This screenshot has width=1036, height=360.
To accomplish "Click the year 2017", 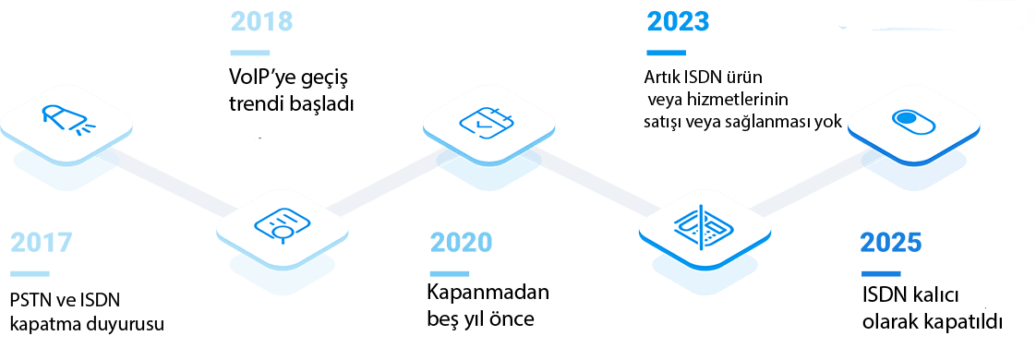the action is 41,243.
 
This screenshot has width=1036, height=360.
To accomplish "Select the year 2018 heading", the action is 261,22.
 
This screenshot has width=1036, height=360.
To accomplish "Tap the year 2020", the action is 461,243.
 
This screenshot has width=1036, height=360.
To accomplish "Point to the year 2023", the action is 678,22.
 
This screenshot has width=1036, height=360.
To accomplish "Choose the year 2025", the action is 891,243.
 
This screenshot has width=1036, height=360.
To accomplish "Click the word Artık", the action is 659,78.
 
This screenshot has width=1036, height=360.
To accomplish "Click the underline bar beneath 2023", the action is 666,53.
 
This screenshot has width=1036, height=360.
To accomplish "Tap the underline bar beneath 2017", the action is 29,274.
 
